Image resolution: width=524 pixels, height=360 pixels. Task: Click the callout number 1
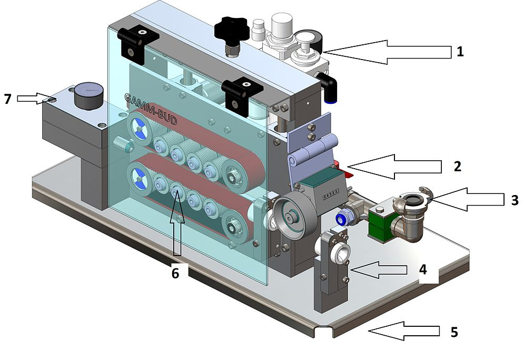(460, 52)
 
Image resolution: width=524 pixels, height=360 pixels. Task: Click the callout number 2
(457, 167)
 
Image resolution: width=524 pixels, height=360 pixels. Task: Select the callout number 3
(515, 200)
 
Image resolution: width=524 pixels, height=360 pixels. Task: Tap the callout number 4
(423, 270)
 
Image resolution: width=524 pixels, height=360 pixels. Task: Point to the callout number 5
(454, 333)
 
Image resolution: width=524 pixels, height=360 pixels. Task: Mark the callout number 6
(175, 273)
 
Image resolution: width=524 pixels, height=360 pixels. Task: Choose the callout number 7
(7, 99)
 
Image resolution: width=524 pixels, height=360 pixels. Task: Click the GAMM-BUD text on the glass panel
(151, 109)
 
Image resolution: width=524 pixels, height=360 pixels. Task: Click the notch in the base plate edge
(322, 331)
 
